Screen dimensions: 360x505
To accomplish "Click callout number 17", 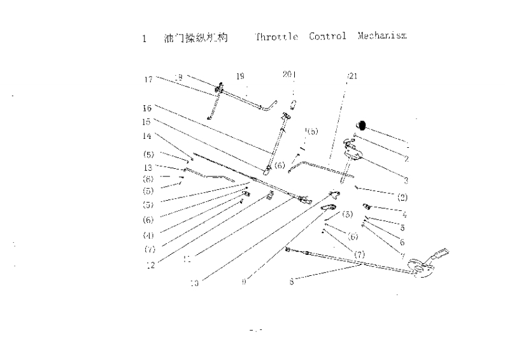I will point(148,80).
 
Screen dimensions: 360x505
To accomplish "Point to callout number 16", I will point(147,108).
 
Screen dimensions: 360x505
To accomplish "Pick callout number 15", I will point(147,121).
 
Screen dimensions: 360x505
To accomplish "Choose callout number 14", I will point(147,136).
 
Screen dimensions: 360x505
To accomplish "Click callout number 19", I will point(240,76).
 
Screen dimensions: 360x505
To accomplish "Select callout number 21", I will point(353,76).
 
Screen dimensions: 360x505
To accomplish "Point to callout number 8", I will point(292,281).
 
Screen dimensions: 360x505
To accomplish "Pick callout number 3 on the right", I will point(406,180).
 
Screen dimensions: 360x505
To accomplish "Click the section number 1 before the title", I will point(145,39).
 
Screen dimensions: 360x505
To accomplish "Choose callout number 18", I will point(178,77).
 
